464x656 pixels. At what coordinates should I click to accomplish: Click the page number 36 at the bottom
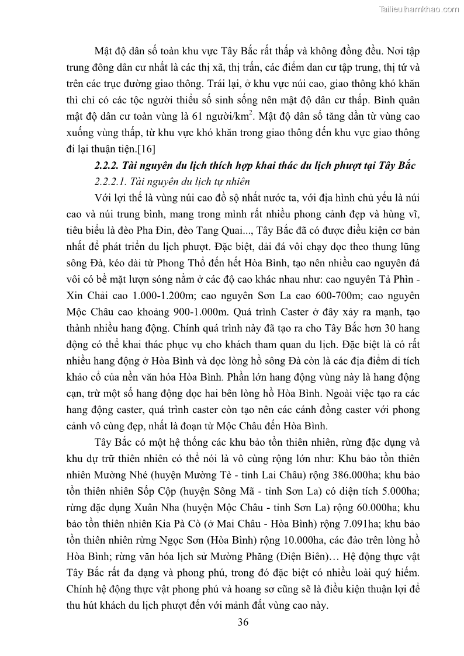pyautogui.click(x=243, y=622)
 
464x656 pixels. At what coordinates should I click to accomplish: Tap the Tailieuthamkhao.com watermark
pyautogui.click(x=420, y=9)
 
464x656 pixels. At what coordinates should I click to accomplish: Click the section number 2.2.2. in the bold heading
pyautogui.click(x=109, y=166)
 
